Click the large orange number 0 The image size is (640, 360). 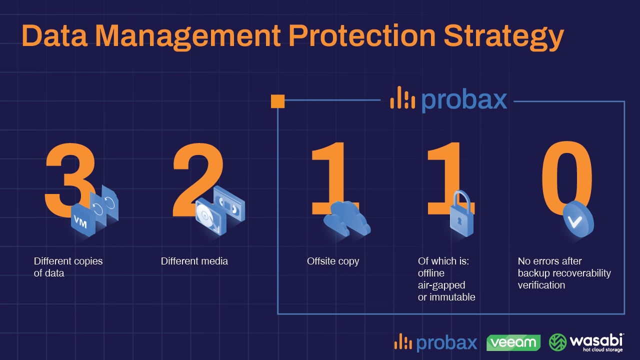pos(567,172)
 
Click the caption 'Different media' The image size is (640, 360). pos(194,261)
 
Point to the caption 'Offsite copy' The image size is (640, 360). pos(333,261)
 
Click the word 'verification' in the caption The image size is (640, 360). pos(541,285)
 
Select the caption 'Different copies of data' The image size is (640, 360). pos(67,267)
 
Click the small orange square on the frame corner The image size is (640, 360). pos(277,101)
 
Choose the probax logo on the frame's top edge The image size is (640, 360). pos(448,99)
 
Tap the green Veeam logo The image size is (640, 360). pos(513,342)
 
